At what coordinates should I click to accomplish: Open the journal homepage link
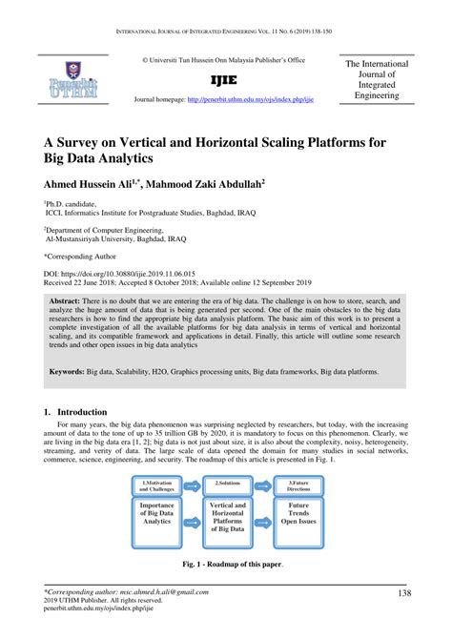(251, 99)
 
